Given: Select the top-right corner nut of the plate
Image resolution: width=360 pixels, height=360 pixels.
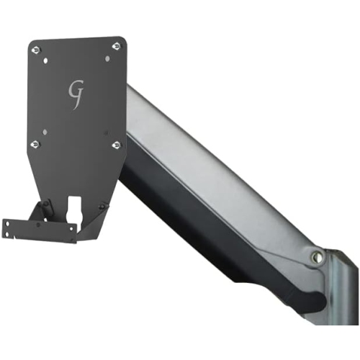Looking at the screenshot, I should click(117, 46).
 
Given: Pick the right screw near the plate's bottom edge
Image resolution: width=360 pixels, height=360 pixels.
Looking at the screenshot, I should click(103, 206).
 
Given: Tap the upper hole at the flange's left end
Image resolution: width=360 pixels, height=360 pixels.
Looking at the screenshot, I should click(6, 224).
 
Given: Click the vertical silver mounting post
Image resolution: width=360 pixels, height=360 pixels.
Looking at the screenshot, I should click(343, 302).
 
